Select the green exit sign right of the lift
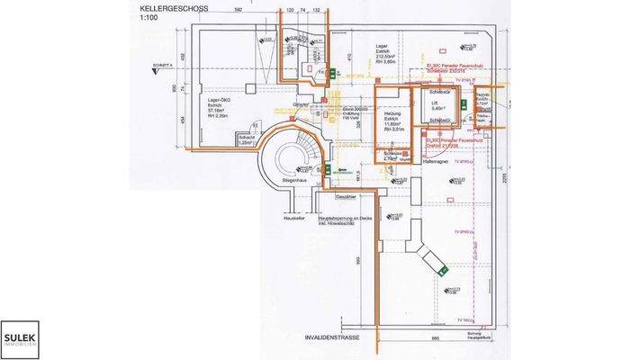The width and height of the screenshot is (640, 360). (x=461, y=103)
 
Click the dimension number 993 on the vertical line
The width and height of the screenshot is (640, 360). (x=357, y=261)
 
